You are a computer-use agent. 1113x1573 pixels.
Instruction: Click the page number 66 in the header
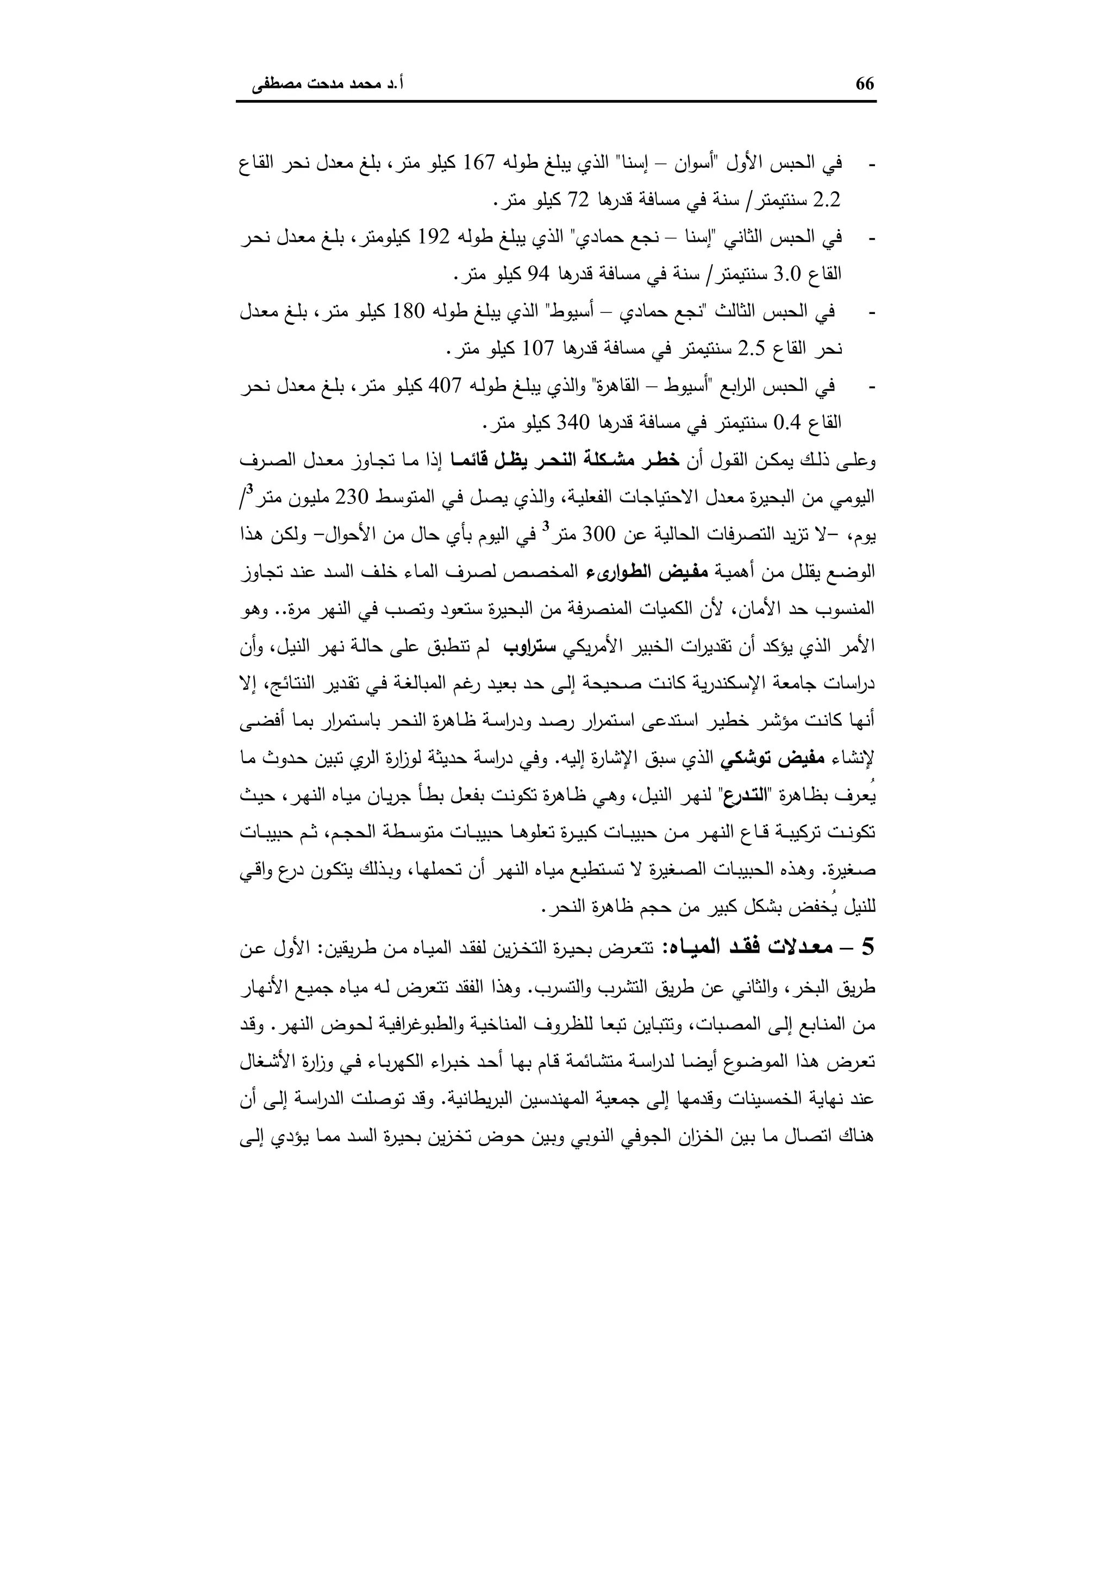pyautogui.click(x=865, y=84)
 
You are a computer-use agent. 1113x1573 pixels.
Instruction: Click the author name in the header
pyautogui.click(x=327, y=85)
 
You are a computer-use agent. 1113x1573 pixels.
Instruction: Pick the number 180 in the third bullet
pyautogui.click(x=408, y=312)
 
